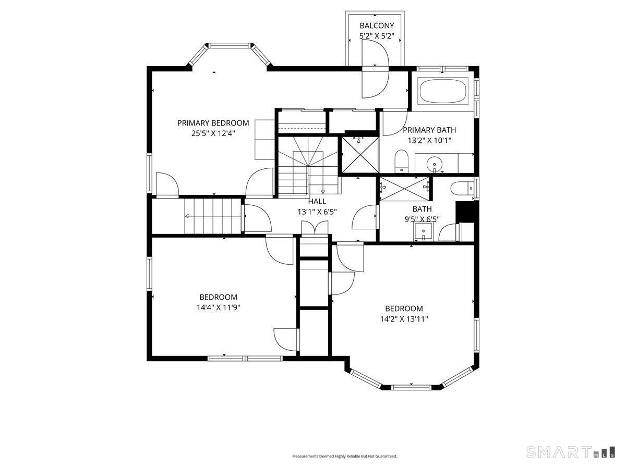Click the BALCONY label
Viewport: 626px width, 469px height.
pyautogui.click(x=377, y=26)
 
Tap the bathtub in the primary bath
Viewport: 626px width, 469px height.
pyautogui.click(x=443, y=91)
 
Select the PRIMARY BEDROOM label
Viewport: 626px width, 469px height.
pyautogui.click(x=213, y=123)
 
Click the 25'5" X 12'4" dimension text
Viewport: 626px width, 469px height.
pyautogui.click(x=213, y=133)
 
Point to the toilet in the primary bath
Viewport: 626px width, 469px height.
pyautogui.click(x=401, y=161)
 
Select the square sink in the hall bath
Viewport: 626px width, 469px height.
pyautogui.click(x=423, y=231)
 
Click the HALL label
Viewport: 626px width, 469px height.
pyautogui.click(x=317, y=202)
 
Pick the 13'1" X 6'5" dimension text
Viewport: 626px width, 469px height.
pyautogui.click(x=317, y=212)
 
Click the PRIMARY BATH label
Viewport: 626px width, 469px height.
pyautogui.click(x=429, y=130)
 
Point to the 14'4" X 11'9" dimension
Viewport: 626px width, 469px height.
pyautogui.click(x=218, y=307)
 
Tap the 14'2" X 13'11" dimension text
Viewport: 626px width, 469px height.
pyautogui.click(x=404, y=319)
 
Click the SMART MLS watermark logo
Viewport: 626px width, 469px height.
pyautogui.click(x=570, y=452)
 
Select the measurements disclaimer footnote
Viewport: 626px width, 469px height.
pyautogui.click(x=344, y=456)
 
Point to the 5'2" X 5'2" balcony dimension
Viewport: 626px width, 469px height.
pyautogui.click(x=377, y=36)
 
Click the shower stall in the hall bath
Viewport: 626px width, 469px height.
pyautogui.click(x=404, y=189)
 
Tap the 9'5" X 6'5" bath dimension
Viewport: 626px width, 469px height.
pyautogui.click(x=422, y=219)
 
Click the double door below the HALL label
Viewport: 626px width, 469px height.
pyautogui.click(x=315, y=228)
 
